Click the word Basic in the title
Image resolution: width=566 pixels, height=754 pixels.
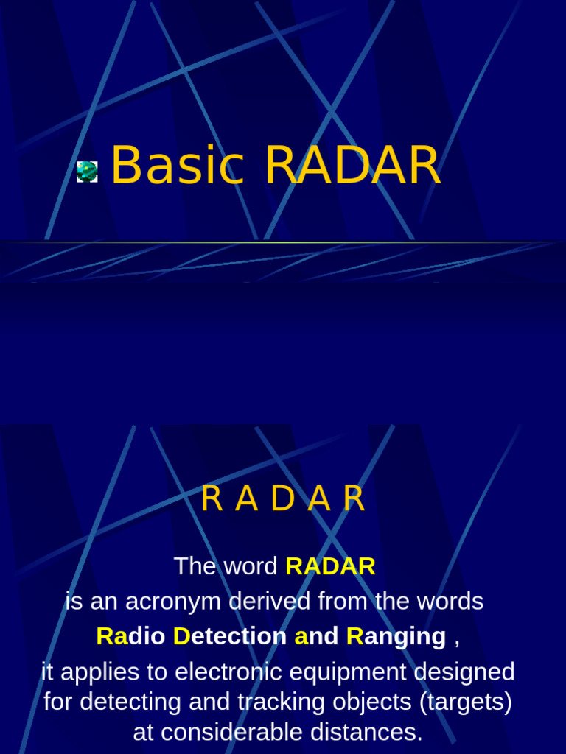tap(177, 166)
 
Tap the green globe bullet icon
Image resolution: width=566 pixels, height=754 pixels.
tap(87, 172)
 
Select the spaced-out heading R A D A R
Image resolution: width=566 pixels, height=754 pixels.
tap(283, 500)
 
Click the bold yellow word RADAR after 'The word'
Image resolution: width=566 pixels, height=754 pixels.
tap(330, 566)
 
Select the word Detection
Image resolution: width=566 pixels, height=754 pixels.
tap(230, 636)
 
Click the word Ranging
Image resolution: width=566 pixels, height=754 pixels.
tap(396, 636)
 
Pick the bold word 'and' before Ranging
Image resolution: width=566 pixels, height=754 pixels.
tap(317, 636)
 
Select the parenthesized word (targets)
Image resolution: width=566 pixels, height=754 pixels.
tap(465, 702)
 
